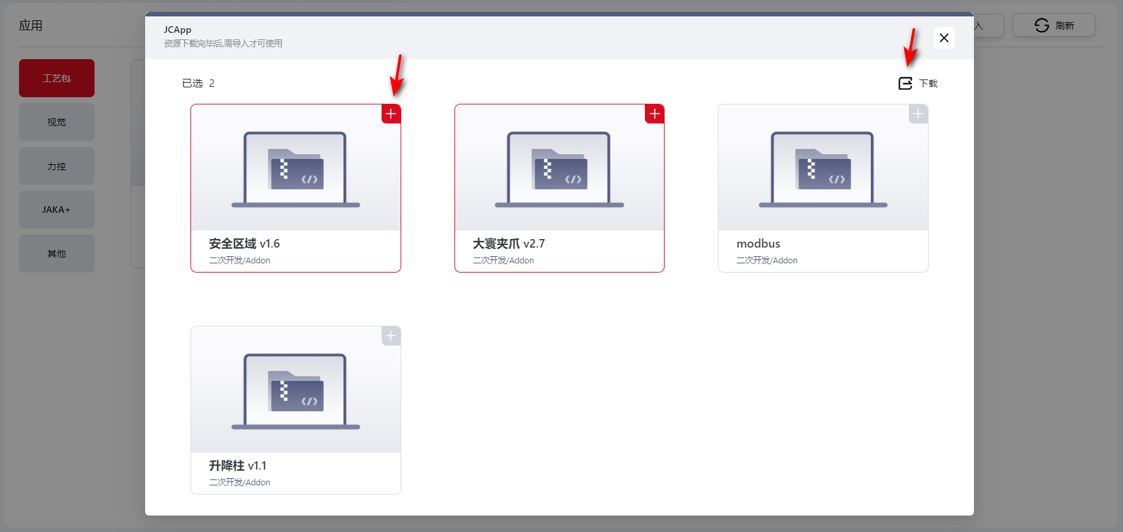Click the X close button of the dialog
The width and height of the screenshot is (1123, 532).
click(x=944, y=37)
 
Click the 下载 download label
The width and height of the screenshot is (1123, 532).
click(x=928, y=83)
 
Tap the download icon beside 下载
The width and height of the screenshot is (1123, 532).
click(x=905, y=83)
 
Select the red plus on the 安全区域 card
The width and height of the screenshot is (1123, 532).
click(x=391, y=114)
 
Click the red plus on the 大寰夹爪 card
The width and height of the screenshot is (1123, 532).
click(x=655, y=114)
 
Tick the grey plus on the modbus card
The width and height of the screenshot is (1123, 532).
click(x=918, y=114)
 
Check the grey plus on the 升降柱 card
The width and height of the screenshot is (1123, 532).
click(x=391, y=336)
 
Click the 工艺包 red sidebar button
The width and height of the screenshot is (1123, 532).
click(x=56, y=78)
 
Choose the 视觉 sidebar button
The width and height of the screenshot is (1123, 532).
click(x=56, y=122)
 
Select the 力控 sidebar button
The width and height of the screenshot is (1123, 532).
click(x=56, y=166)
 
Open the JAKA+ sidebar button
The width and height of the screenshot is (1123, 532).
click(x=56, y=210)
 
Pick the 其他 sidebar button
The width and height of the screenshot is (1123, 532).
click(x=56, y=254)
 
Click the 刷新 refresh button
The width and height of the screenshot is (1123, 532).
click(x=1054, y=25)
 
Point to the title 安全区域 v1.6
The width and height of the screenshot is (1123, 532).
click(x=244, y=244)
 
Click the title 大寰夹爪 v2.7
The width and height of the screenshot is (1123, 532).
click(x=508, y=244)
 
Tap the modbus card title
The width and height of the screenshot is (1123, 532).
click(x=758, y=244)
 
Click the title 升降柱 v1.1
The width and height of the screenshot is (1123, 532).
click(x=238, y=466)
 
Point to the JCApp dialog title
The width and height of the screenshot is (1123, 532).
click(x=177, y=30)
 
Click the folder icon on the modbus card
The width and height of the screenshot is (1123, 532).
click(x=823, y=169)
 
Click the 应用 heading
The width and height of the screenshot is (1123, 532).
click(x=31, y=26)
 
